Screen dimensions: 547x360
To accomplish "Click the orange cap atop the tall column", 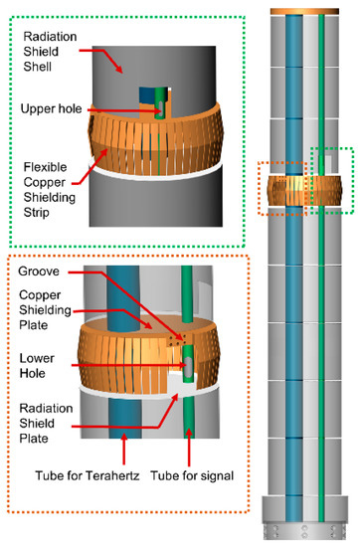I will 307,9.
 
